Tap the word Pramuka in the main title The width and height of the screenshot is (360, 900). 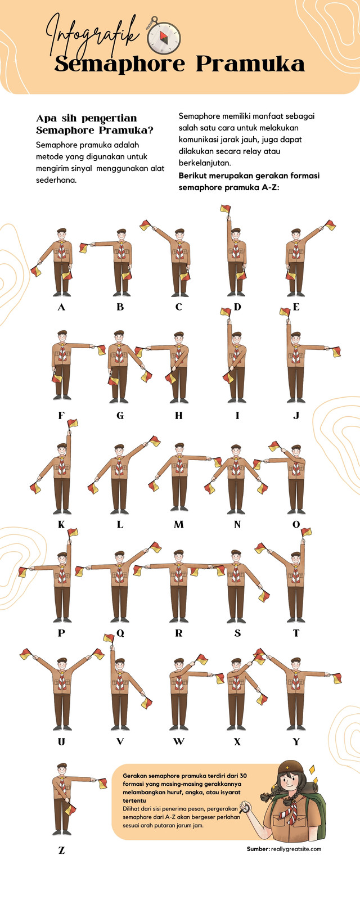[x=250, y=64]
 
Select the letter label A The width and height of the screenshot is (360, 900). [x=61, y=307]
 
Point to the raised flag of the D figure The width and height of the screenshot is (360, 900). [x=225, y=208]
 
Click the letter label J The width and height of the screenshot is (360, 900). [x=296, y=416]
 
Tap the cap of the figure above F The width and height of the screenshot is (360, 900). [x=62, y=333]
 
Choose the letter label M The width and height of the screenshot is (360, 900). [x=179, y=524]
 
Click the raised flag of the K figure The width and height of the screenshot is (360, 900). [x=73, y=423]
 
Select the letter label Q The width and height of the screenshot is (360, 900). [x=120, y=633]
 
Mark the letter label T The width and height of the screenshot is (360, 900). [x=296, y=633]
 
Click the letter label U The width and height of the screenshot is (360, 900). [x=61, y=742]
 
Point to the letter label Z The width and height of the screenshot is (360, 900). [x=61, y=850]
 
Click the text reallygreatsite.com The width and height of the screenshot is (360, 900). [x=296, y=849]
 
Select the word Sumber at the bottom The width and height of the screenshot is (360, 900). [x=258, y=849]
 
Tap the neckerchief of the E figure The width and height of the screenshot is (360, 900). [x=296, y=250]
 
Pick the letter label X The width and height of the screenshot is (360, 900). [x=237, y=742]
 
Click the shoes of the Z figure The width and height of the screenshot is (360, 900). [x=62, y=832]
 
